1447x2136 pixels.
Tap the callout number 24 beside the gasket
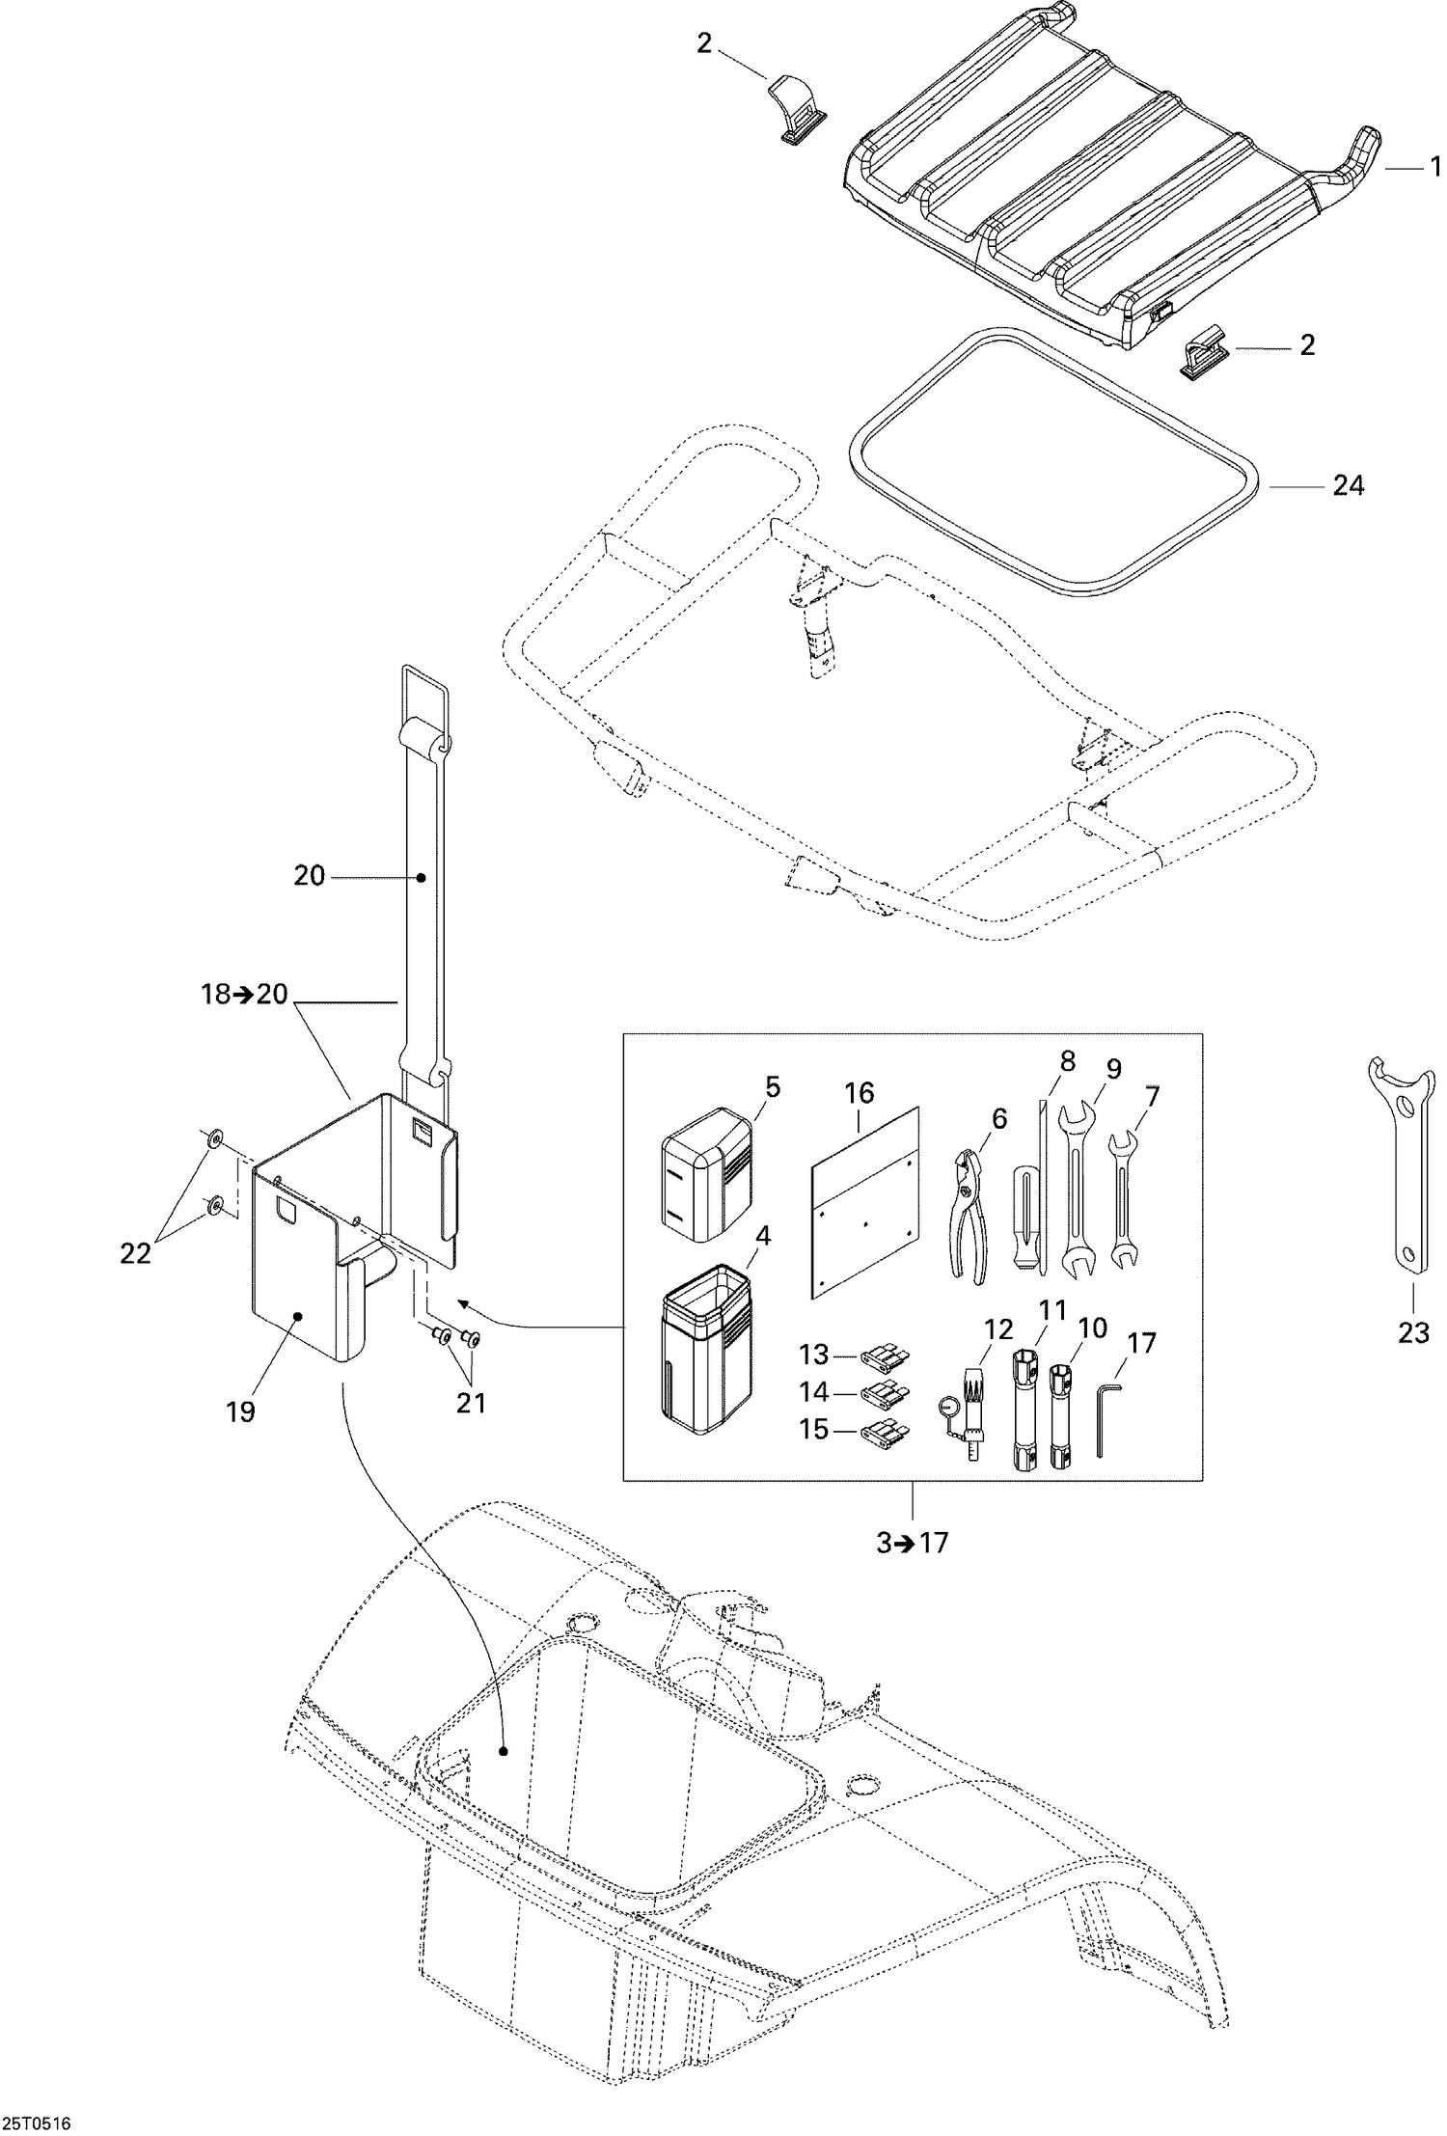pos(1348,486)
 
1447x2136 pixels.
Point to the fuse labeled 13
pos(886,1358)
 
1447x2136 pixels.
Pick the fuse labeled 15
pos(886,1432)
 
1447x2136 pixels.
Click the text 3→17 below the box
pos(912,1543)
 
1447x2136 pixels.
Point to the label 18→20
pos(245,994)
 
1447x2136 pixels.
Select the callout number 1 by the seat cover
pos(1434,165)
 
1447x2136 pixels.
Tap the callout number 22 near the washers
pos(135,1254)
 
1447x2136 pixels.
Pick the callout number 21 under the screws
pos(471,1401)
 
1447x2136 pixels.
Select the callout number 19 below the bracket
pos(240,1411)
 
